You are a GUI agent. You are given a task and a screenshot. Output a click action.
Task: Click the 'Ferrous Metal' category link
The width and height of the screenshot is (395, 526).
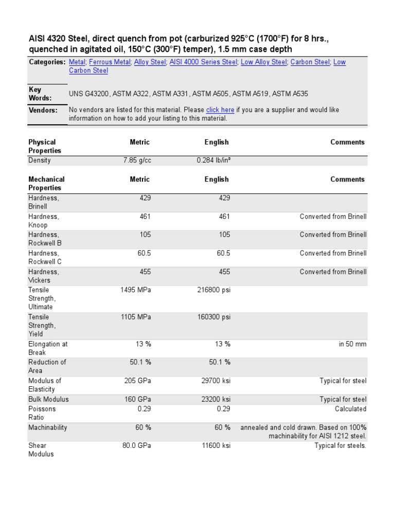[x=110, y=62]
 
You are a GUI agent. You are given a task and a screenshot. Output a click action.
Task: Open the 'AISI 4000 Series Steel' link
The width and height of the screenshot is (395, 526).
[x=203, y=62]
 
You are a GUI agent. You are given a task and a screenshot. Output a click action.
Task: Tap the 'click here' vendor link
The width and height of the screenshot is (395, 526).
[x=220, y=110]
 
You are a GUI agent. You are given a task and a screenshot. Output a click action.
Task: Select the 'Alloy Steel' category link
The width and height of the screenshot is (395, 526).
[x=150, y=62]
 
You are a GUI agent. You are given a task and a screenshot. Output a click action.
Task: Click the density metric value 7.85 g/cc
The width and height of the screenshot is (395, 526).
[x=137, y=161]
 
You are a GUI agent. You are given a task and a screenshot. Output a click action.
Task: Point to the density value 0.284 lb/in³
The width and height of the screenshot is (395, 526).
[x=213, y=161]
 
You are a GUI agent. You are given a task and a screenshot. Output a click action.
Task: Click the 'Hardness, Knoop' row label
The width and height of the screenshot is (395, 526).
[x=44, y=221]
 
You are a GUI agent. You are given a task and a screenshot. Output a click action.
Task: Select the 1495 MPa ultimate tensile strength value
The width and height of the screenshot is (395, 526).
[x=136, y=290]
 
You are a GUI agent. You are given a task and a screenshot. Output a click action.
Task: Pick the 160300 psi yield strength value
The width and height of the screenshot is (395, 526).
[x=214, y=317]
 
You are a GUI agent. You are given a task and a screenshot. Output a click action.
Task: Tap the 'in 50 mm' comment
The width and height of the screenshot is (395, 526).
[x=352, y=344]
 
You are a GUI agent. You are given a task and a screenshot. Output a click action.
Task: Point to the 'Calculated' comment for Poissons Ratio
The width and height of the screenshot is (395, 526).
[x=350, y=409]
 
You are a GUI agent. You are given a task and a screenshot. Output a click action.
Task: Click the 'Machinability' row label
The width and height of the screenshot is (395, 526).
[x=47, y=427]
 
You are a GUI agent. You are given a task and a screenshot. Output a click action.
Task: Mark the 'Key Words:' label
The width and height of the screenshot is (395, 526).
[x=40, y=93]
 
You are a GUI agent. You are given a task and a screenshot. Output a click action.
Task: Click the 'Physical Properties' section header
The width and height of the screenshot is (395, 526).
[x=45, y=146]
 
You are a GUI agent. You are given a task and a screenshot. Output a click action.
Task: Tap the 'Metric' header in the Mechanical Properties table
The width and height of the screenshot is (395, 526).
[x=140, y=179]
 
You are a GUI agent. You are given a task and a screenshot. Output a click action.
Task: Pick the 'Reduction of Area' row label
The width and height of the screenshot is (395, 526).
[x=47, y=366]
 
